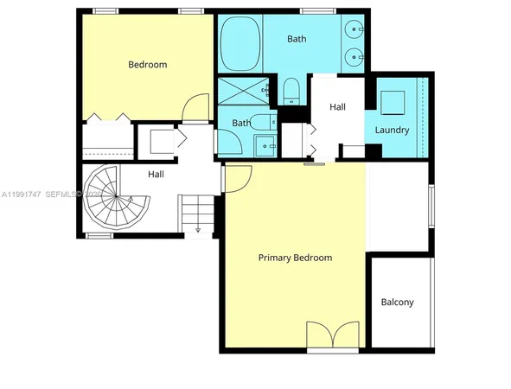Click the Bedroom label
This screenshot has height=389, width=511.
(147, 64)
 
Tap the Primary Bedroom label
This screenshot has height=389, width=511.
(296, 258)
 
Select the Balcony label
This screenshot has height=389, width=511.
(397, 303)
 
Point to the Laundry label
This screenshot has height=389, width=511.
(392, 131)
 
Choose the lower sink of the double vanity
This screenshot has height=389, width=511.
(354, 56)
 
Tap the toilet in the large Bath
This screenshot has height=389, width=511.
(291, 90)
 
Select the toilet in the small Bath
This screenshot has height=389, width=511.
(262, 123)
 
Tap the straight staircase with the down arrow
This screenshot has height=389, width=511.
(196, 215)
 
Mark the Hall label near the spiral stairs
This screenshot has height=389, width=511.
(156, 175)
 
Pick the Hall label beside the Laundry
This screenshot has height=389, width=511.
(338, 107)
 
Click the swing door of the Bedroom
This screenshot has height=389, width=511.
(198, 108)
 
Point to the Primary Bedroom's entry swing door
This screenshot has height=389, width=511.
(236, 178)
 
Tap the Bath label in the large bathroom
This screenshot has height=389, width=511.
(297, 39)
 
